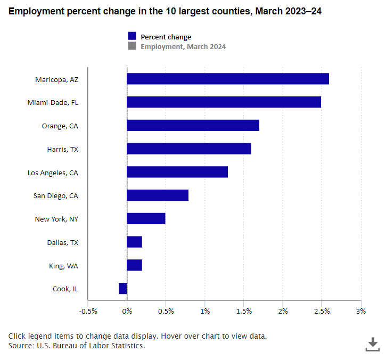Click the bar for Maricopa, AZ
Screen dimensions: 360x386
227,79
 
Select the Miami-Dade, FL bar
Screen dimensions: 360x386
224,102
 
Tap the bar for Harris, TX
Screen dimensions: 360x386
188,149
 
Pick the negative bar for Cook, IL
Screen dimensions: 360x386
123,289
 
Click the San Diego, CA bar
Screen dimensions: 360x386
158,195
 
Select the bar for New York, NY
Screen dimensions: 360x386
146,219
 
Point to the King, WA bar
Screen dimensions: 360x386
134,265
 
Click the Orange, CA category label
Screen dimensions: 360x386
60,126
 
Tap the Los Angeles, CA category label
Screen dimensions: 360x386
53,173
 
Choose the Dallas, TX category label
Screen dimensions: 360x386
62,242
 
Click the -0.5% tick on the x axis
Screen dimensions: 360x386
88,312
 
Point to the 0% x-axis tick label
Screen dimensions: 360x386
127,312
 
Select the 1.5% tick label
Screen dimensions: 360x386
244,312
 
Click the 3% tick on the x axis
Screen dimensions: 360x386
361,312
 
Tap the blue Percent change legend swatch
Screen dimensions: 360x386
132,36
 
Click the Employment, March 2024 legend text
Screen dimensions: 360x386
183,46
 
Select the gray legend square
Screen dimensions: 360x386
132,46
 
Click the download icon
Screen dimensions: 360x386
372,344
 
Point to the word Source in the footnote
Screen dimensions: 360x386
21,346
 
